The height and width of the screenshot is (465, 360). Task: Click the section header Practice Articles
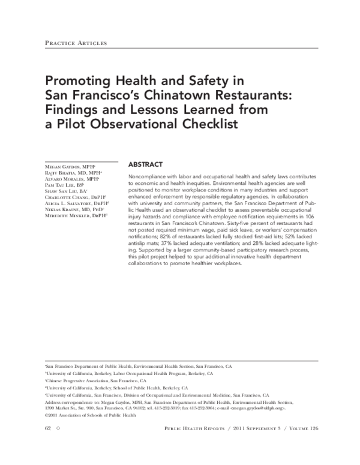(76, 43)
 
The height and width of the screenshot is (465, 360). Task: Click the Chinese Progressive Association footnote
(96, 380)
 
